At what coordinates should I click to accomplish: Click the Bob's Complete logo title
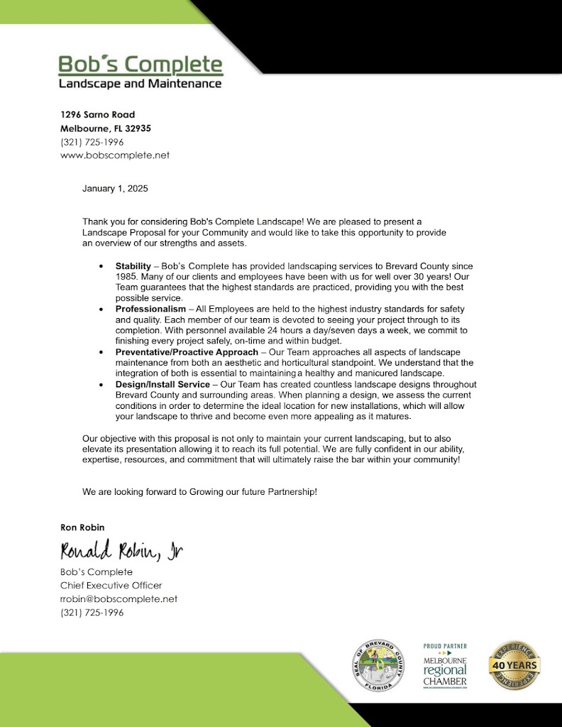pyautogui.click(x=140, y=65)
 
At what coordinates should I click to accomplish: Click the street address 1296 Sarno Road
pyautogui.click(x=97, y=114)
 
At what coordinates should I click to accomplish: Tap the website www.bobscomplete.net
pyautogui.click(x=115, y=155)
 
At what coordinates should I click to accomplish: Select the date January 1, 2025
pyautogui.click(x=115, y=189)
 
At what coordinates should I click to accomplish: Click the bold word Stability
pyautogui.click(x=133, y=266)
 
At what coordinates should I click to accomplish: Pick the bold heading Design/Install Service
pyautogui.click(x=162, y=385)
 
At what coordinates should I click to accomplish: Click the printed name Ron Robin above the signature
pyautogui.click(x=83, y=527)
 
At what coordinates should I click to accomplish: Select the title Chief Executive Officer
pyautogui.click(x=111, y=585)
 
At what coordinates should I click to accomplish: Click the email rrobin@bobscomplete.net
pyautogui.click(x=119, y=598)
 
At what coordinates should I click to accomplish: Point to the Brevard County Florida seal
pyautogui.click(x=378, y=665)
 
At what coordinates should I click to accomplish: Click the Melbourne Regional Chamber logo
pyautogui.click(x=445, y=665)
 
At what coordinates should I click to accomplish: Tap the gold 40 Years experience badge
pyautogui.click(x=514, y=665)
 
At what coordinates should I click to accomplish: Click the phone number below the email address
pyautogui.click(x=92, y=612)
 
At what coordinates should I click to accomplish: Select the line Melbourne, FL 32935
pyautogui.click(x=105, y=129)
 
